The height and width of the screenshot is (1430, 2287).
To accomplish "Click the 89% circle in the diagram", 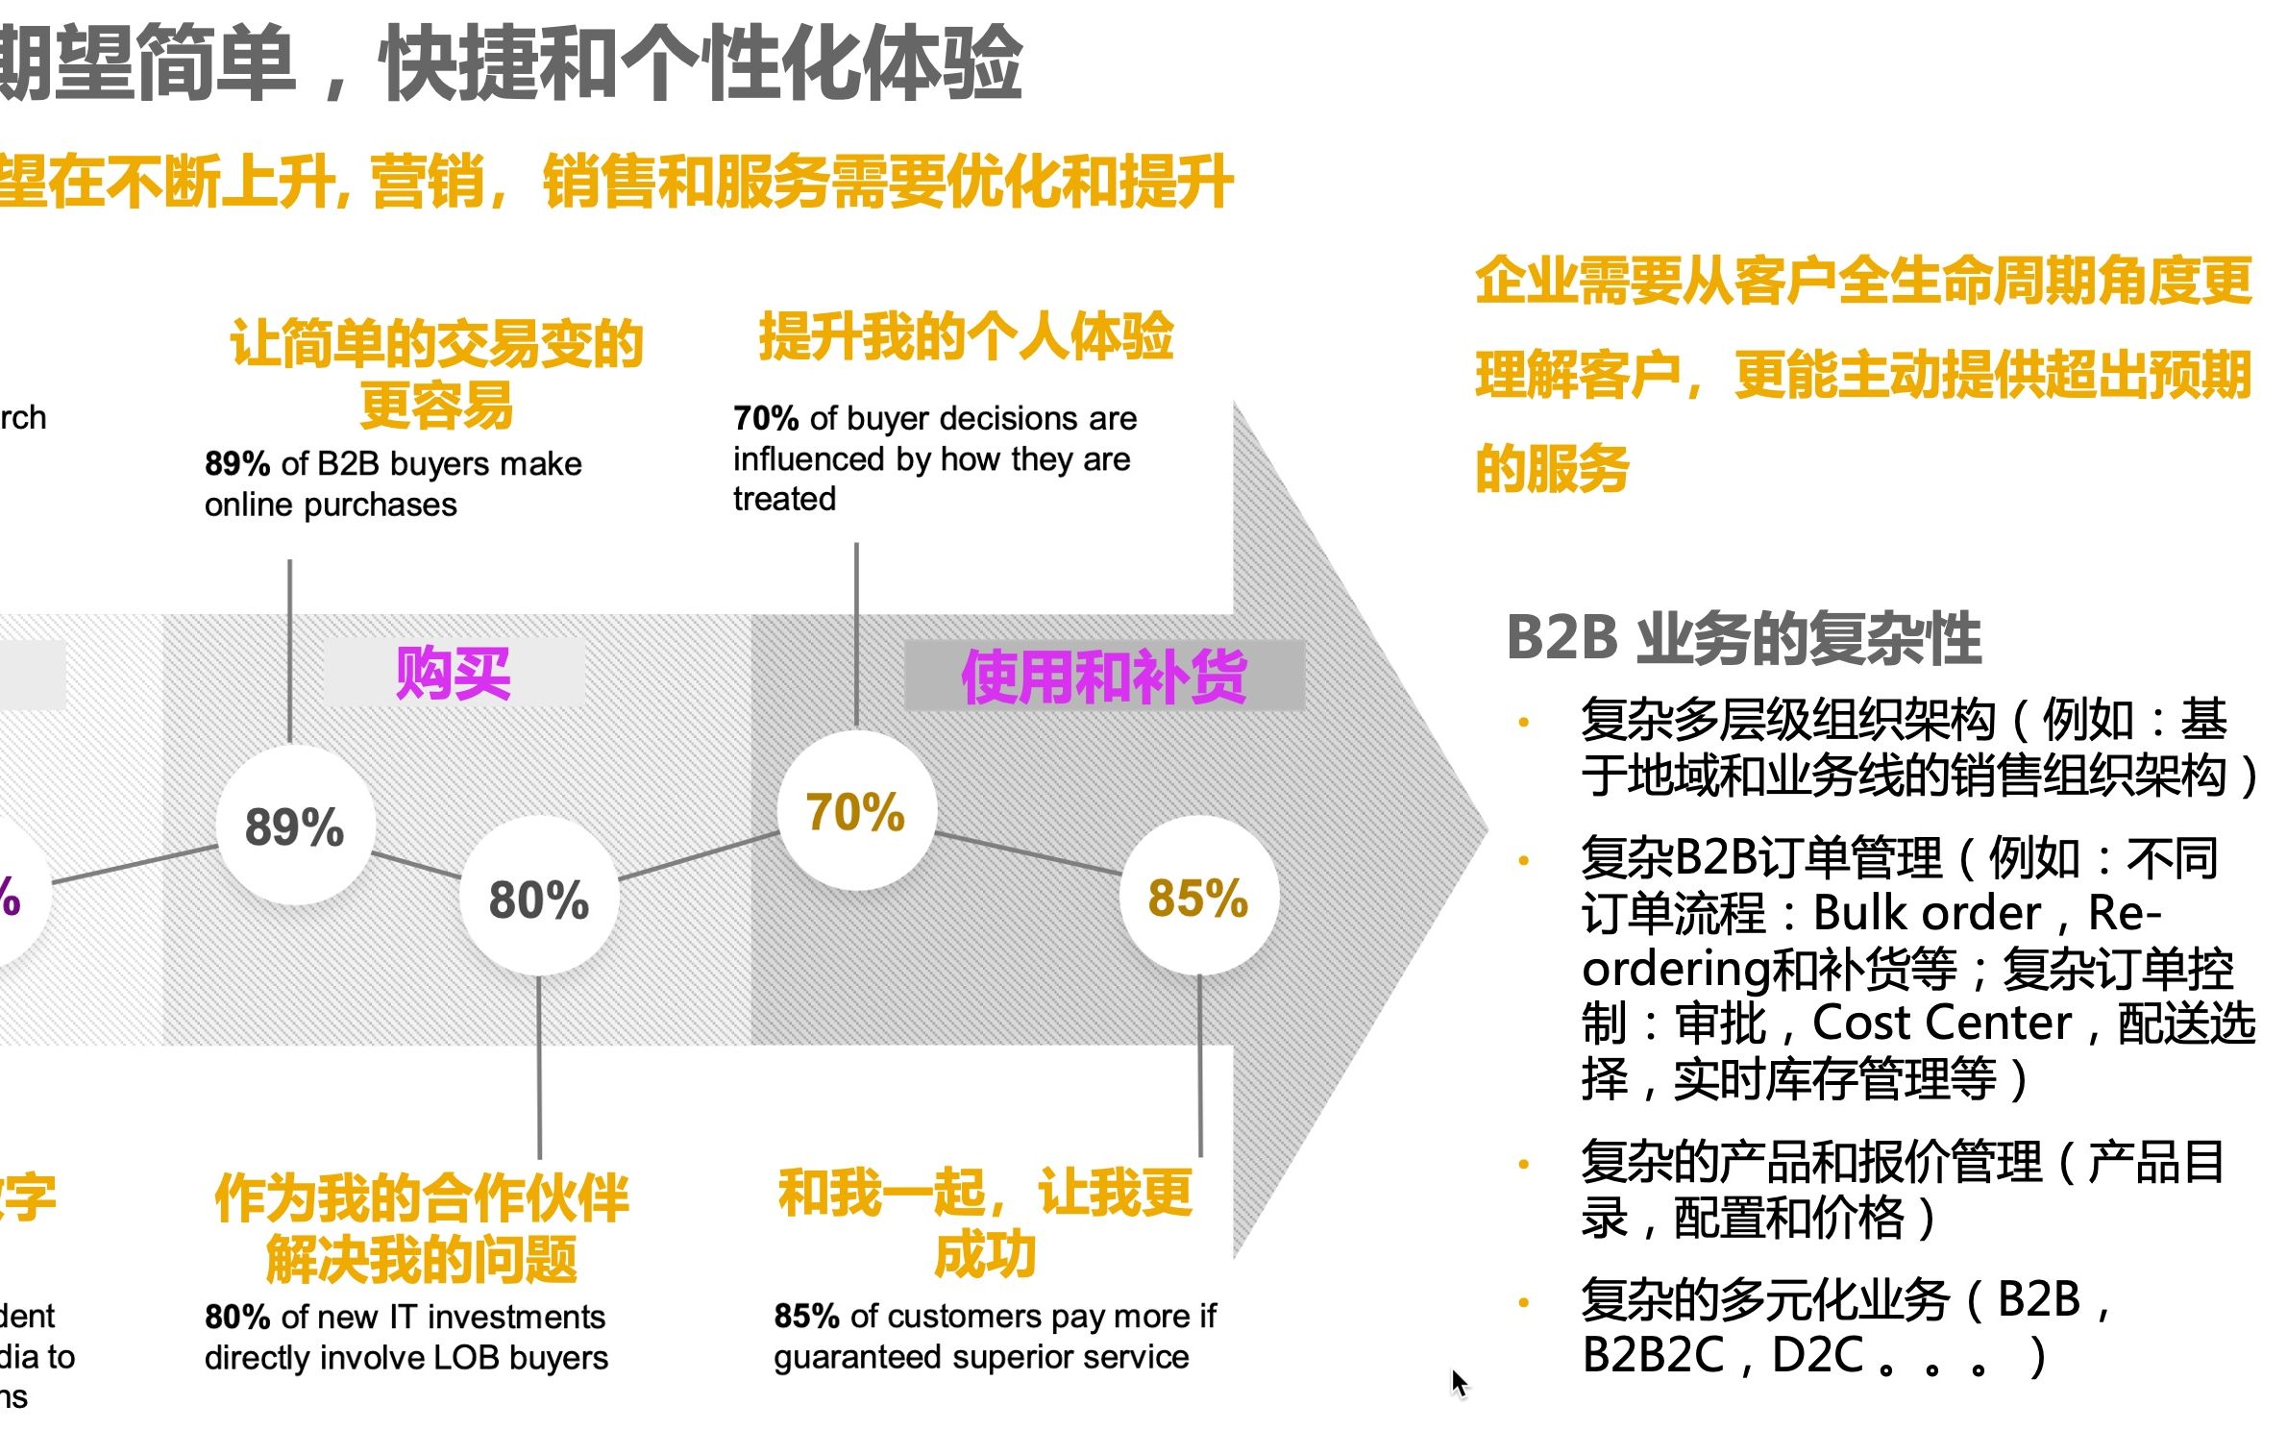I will pyautogui.click(x=294, y=826).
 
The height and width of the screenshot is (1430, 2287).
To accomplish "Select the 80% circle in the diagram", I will pyautogui.click(x=538, y=900).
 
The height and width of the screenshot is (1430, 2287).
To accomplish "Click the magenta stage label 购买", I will pyautogui.click(x=453, y=674).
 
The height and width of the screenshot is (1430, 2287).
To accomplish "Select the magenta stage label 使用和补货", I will pyautogui.click(x=1104, y=677).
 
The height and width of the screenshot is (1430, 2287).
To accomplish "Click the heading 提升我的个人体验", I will pyautogui.click(x=966, y=336).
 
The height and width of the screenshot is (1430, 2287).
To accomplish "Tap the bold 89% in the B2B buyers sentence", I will pyautogui.click(x=237, y=464).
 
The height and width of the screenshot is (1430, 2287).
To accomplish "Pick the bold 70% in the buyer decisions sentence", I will pyautogui.click(x=766, y=419).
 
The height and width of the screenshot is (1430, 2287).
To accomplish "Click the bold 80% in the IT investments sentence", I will pyautogui.click(x=237, y=1317).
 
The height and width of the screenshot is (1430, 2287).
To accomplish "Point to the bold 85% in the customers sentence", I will pyautogui.click(x=807, y=1316).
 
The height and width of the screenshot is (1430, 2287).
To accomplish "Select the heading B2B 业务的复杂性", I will pyautogui.click(x=1743, y=637).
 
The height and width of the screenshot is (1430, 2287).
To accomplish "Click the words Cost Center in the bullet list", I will pyautogui.click(x=1941, y=1023).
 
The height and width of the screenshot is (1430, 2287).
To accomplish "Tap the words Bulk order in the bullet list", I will pyautogui.click(x=1926, y=913).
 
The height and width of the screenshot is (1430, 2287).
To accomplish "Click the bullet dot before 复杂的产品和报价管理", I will pyautogui.click(x=1523, y=1164).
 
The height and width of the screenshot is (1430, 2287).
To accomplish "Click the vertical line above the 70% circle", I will pyautogui.click(x=856, y=634).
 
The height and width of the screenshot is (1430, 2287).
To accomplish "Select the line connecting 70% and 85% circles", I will pyautogui.click(x=1028, y=854).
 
